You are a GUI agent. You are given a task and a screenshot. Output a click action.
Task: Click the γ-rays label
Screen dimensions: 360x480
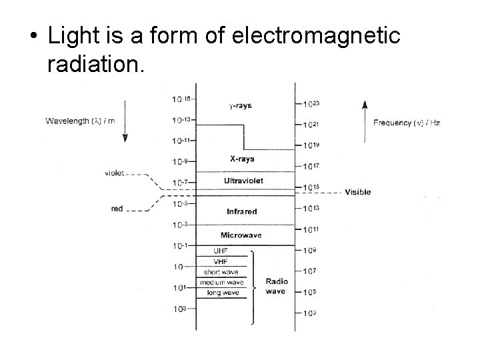coord(241,105)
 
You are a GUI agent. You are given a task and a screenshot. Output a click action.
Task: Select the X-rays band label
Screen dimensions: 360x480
coord(241,159)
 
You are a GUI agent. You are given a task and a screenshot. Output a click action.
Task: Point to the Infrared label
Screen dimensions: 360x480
coord(241,211)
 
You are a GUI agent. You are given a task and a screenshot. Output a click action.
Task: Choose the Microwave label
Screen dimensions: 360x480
coord(241,235)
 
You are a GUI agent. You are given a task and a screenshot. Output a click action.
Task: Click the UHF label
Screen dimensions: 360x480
coord(221,251)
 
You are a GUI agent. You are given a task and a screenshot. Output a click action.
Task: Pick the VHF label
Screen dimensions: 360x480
coord(221,261)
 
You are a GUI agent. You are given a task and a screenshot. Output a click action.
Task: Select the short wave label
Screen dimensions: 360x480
coord(221,272)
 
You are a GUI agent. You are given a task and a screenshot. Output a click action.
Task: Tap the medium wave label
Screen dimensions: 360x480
coord(221,283)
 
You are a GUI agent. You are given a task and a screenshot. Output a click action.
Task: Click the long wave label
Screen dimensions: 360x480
coord(221,293)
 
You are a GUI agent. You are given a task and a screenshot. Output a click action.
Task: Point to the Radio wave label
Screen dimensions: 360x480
coord(276,286)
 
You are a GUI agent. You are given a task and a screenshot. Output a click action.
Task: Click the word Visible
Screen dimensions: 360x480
coord(357,193)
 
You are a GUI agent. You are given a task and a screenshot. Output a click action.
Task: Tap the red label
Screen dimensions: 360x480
coord(117,209)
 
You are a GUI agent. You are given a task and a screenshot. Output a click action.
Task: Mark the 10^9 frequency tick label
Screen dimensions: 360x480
coord(311,251)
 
